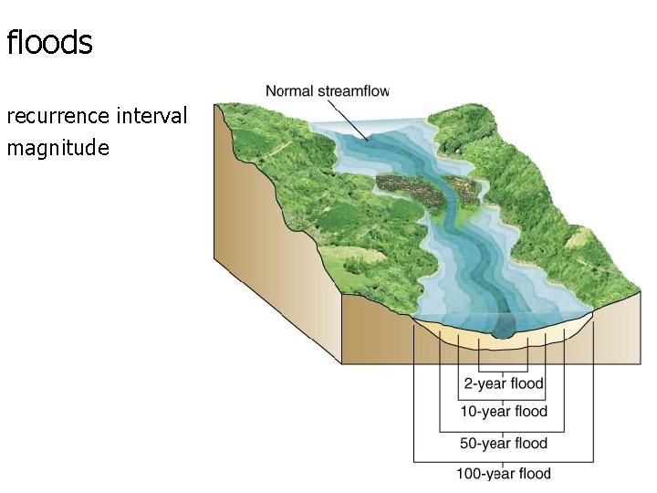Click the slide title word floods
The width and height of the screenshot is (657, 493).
49,43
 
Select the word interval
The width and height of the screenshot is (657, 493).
152,117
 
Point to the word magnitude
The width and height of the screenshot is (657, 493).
57,148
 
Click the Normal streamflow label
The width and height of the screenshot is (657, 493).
327,90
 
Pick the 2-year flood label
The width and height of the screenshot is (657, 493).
503,383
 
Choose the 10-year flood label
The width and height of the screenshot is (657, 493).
503,412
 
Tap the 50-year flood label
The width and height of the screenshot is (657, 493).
503,444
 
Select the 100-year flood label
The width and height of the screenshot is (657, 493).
503,473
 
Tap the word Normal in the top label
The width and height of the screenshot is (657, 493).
288,90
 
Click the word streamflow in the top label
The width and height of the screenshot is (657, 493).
353,90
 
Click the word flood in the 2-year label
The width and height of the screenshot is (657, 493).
527,383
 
